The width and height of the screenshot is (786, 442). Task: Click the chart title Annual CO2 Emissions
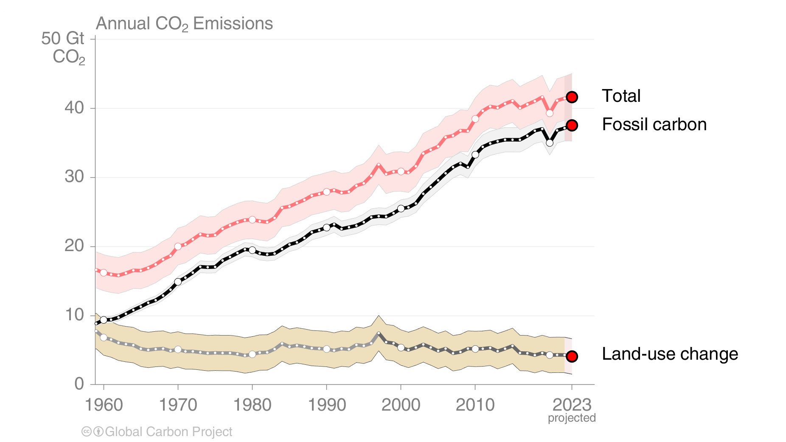pos(184,24)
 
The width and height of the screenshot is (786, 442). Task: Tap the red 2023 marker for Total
pos(572,97)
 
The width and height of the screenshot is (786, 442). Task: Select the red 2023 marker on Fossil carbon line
pos(572,125)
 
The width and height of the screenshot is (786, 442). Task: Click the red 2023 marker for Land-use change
pos(572,356)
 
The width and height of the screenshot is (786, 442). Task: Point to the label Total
pos(621,96)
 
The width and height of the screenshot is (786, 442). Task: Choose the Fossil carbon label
pos(654,125)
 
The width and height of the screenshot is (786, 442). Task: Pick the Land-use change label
pos(670,354)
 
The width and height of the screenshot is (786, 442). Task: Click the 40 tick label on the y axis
pos(74,108)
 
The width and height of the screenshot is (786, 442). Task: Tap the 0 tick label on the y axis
pos(79,384)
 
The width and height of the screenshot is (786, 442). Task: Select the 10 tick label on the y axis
pos(74,315)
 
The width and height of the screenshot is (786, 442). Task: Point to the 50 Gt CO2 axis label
pos(64,48)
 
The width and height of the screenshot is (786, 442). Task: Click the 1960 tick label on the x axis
pos(104,405)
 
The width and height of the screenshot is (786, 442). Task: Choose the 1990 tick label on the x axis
pos(327,405)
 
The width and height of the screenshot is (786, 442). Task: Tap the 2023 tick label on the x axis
pos(572,405)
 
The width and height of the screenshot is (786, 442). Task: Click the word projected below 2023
pos(572,418)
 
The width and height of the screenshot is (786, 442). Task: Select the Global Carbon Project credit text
pos(168,432)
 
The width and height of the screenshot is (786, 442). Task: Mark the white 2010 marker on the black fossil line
pos(475,154)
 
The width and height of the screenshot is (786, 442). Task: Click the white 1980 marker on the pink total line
pos(252,220)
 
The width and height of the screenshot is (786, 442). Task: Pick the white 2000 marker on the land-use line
pos(401,347)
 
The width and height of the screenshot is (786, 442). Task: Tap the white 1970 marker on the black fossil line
pos(178,282)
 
